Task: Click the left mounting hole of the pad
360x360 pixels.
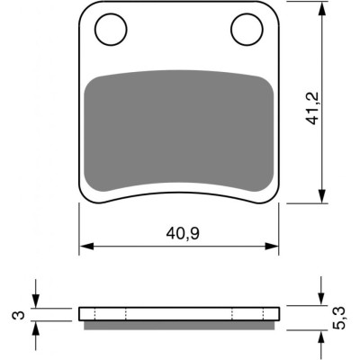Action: (x=111, y=30)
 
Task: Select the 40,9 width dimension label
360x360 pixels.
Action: (x=183, y=234)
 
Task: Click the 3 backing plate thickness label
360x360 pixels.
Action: (x=19, y=315)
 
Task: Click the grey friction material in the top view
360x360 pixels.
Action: (x=179, y=131)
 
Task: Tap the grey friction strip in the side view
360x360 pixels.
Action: (x=179, y=326)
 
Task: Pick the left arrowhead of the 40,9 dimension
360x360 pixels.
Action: (x=87, y=247)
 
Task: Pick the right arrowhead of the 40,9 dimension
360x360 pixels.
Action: (x=272, y=247)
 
